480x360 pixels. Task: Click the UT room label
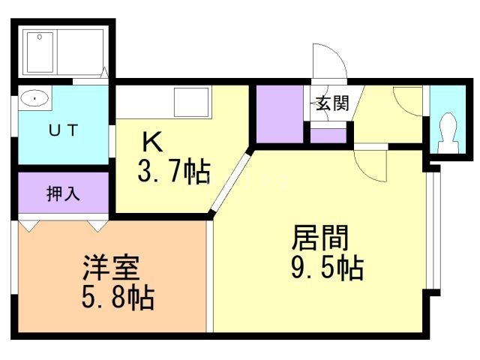pos(63,130)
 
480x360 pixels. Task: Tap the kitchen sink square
pos(192,100)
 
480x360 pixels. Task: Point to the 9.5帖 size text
pos(327,267)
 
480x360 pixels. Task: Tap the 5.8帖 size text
pos(117,298)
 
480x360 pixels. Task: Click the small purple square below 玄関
pos(328,136)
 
